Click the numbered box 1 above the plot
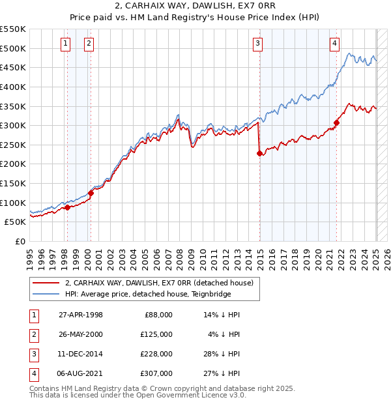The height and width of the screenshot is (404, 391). (x=66, y=44)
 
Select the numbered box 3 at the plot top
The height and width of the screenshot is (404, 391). (x=258, y=44)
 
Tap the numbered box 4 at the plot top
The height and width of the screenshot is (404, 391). (x=334, y=44)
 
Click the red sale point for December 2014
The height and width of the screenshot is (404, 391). (x=259, y=154)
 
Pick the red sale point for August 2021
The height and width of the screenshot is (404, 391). (x=337, y=123)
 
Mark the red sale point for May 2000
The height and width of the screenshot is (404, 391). (x=91, y=193)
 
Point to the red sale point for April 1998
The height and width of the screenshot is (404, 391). (x=67, y=207)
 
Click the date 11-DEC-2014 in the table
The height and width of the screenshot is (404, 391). (x=81, y=353)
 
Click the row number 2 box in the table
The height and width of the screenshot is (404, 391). (x=33, y=334)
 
